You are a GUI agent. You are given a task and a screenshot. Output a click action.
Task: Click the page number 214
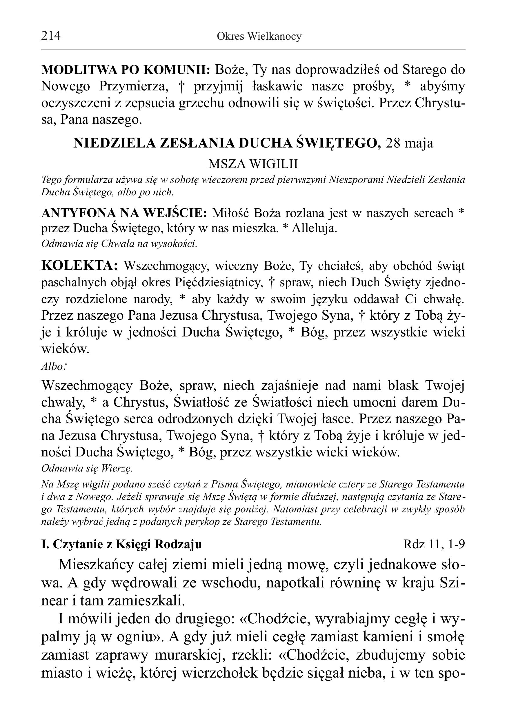click(51, 36)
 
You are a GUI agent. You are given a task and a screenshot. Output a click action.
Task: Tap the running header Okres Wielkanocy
click(259, 37)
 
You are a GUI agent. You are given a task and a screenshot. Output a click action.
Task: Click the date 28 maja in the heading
click(410, 143)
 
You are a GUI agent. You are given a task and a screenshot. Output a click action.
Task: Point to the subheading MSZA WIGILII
click(253, 164)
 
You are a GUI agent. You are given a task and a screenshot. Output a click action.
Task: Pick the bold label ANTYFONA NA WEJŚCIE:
click(124, 213)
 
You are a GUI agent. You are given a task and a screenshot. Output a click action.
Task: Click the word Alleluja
click(314, 229)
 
